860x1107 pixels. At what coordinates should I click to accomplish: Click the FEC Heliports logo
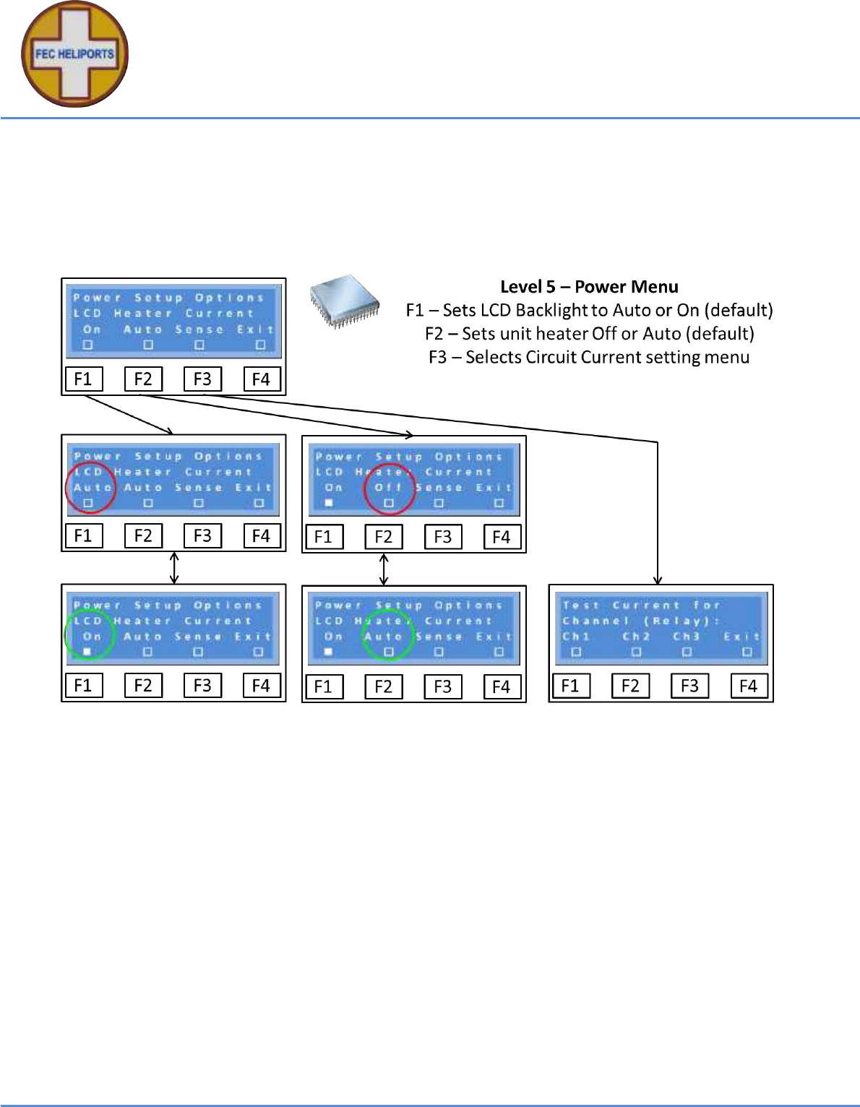pyautogui.click(x=74, y=54)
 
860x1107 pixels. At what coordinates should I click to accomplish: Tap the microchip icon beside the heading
pyautogui.click(x=345, y=300)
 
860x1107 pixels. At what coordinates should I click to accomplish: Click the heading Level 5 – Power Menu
pyautogui.click(x=589, y=287)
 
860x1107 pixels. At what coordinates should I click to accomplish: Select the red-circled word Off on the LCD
pyautogui.click(x=388, y=488)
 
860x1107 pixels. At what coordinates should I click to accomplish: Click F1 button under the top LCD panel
pyautogui.click(x=83, y=379)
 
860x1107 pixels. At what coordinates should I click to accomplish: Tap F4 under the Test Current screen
pyautogui.click(x=748, y=686)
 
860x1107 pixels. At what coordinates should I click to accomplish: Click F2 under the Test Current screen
pyautogui.click(x=630, y=686)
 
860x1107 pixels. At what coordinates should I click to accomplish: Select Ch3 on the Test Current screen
pyautogui.click(x=686, y=637)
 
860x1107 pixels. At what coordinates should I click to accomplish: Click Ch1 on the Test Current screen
pyautogui.click(x=576, y=637)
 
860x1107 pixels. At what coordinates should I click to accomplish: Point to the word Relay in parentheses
pyautogui.click(x=673, y=621)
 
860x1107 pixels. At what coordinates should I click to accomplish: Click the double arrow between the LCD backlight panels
pyautogui.click(x=174, y=568)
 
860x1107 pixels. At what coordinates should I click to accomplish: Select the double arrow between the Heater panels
pyautogui.click(x=384, y=569)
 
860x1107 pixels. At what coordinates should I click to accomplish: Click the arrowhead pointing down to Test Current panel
pyautogui.click(x=658, y=580)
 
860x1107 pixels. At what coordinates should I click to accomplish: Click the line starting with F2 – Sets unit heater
pyautogui.click(x=589, y=334)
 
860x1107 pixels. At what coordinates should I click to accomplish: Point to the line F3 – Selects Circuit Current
pyautogui.click(x=589, y=357)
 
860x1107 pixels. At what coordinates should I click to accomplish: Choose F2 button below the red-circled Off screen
pyautogui.click(x=383, y=537)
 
